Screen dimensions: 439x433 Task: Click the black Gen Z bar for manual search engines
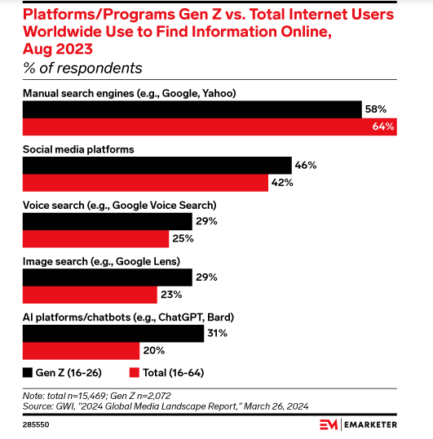pos(192,109)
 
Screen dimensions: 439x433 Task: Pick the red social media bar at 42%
pos(145,183)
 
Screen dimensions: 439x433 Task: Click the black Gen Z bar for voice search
pos(107,221)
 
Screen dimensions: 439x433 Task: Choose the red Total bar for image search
pos(90,295)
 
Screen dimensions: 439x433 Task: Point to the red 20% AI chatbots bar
pos(81,351)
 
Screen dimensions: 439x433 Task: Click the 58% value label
pos(379,109)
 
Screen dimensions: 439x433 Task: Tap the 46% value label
pos(306,166)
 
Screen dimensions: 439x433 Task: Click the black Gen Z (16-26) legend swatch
pos(28,373)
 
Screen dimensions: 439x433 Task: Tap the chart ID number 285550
pos(38,425)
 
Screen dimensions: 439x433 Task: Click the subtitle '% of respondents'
pos(82,68)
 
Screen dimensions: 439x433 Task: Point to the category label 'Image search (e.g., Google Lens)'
pos(101,261)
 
